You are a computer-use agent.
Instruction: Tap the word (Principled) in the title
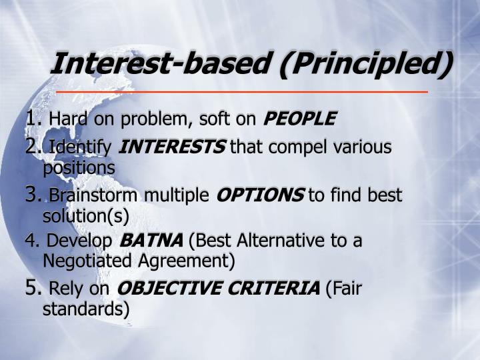(x=364, y=65)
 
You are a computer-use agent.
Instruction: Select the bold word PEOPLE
(x=300, y=119)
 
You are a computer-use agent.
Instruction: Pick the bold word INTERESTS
(x=172, y=147)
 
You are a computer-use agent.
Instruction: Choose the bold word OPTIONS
(x=260, y=195)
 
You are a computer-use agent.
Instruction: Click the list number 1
(x=33, y=119)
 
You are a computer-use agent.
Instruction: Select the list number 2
(x=33, y=146)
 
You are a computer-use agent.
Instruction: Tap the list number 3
(x=33, y=195)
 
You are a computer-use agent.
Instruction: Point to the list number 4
(x=31, y=241)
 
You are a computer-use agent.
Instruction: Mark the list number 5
(x=33, y=288)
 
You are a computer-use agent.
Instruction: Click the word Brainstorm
(x=93, y=195)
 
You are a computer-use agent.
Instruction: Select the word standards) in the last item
(x=86, y=309)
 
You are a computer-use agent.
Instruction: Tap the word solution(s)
(x=85, y=216)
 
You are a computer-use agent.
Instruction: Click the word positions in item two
(x=79, y=167)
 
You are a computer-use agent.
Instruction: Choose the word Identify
(x=81, y=147)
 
